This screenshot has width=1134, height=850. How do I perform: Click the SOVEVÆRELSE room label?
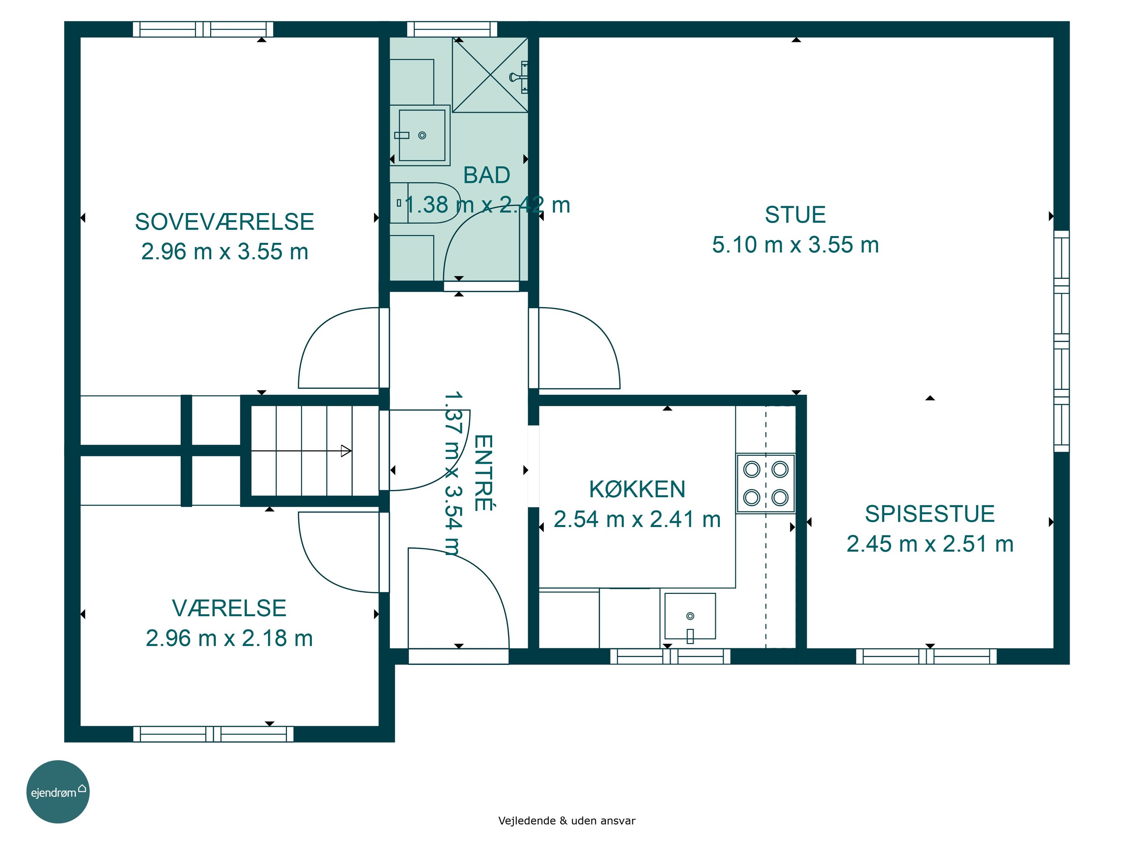(225, 222)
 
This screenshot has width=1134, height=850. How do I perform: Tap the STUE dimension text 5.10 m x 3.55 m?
(795, 245)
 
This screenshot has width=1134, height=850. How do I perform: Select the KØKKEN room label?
(637, 489)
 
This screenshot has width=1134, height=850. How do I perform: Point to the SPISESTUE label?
(930, 514)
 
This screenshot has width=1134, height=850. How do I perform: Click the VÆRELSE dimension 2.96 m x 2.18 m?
(229, 638)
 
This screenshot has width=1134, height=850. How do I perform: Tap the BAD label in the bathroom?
(486, 175)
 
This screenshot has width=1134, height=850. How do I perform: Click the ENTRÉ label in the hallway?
(483, 473)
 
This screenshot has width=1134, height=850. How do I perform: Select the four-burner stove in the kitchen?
(765, 483)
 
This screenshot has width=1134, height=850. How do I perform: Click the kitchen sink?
(690, 617)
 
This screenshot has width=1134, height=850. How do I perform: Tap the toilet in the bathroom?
(424, 203)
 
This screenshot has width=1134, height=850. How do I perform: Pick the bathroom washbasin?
(420, 135)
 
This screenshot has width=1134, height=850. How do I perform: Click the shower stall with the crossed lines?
(490, 75)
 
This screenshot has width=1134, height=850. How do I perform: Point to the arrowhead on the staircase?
(346, 451)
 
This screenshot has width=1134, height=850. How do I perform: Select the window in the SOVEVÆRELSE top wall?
(203, 29)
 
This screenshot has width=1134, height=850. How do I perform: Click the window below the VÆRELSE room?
(213, 734)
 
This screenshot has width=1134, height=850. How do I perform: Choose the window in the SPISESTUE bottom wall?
(926, 656)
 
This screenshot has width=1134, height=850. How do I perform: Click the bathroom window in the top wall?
(452, 29)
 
